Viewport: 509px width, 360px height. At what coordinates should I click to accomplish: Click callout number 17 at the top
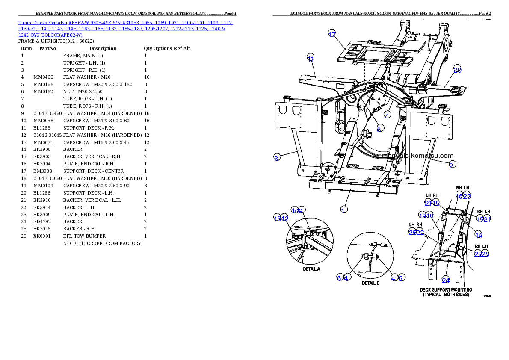332,35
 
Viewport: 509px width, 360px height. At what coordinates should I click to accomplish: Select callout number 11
311,58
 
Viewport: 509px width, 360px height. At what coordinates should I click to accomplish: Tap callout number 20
457,70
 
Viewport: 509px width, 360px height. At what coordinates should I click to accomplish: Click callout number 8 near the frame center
379,130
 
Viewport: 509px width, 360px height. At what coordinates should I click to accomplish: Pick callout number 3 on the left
277,158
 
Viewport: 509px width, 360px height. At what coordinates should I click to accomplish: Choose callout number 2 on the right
452,165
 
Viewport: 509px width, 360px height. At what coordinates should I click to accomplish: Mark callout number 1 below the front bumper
343,210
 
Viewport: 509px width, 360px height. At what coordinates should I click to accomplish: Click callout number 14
479,235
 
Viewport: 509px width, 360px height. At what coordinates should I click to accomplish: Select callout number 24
446,280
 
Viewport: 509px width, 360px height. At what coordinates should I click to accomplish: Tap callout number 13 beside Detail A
277,218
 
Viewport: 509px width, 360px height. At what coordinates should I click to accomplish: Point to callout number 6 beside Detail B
339,278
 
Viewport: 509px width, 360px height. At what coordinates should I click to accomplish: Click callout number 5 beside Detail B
401,278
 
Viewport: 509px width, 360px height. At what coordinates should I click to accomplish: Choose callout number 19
422,216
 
